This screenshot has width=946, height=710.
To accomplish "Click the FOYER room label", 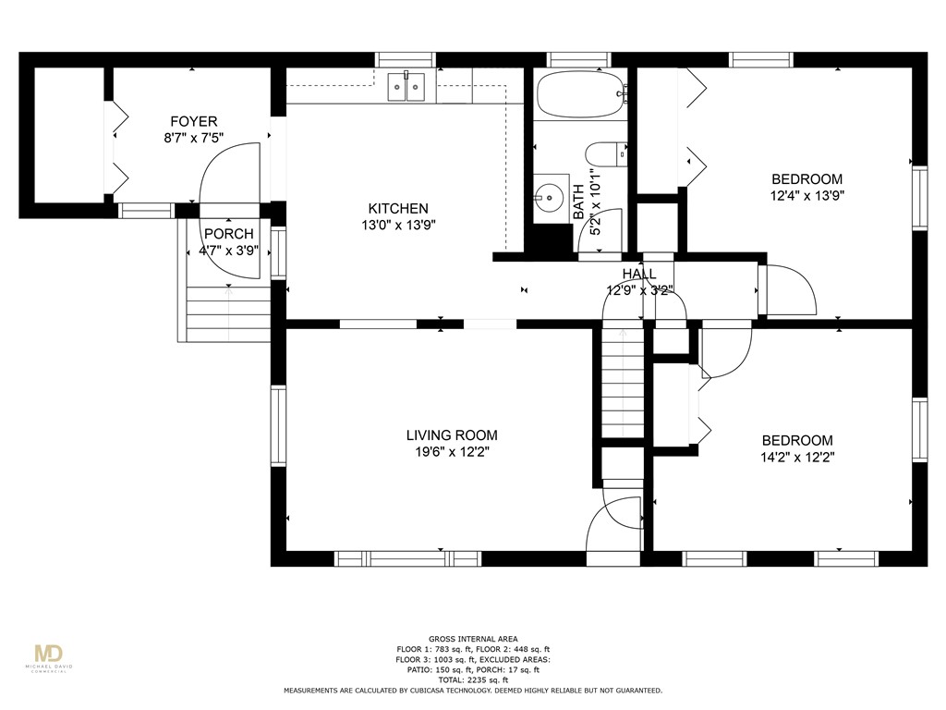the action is click(194, 121).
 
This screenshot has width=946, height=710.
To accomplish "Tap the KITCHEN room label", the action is click(398, 208).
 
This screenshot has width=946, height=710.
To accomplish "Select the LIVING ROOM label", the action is click(452, 435).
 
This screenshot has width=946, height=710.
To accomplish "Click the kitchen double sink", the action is click(406, 86).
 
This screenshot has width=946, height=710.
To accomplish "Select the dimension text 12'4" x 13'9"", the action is click(807, 196).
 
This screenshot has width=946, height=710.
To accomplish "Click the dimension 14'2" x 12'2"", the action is click(797, 457).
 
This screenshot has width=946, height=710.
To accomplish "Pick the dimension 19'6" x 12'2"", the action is click(452, 451).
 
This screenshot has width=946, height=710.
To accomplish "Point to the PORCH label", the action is click(229, 234).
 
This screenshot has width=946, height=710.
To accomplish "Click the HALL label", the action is click(639, 274).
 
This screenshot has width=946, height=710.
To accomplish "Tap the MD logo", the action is click(49, 654).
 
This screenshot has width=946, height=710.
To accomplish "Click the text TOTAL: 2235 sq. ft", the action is click(473, 679).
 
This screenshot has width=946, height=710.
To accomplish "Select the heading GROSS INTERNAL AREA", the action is click(473, 639).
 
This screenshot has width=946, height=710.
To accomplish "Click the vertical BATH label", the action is click(578, 202).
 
